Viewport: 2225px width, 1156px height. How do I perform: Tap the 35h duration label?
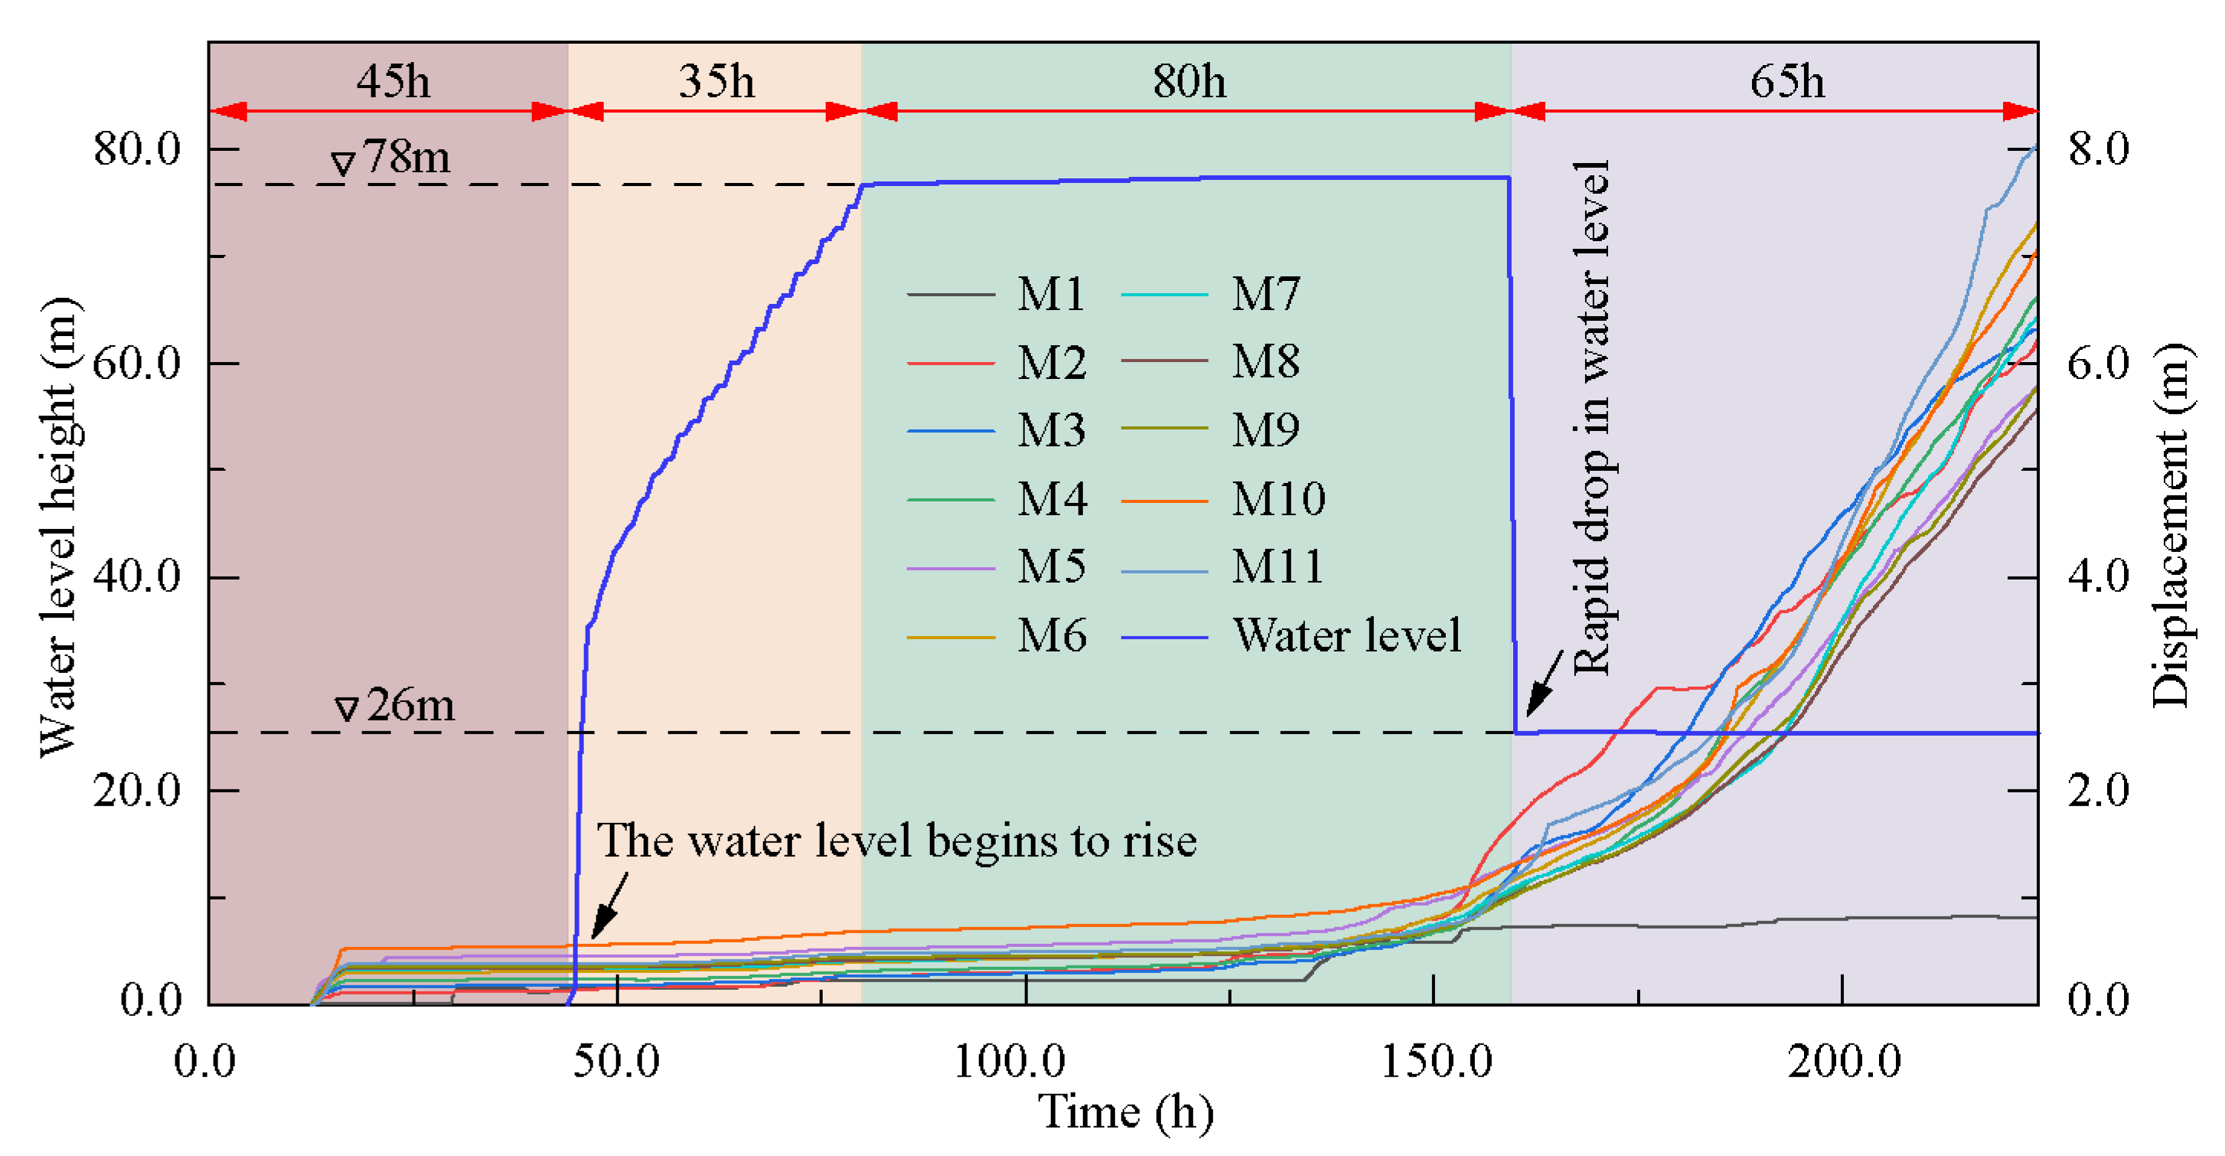[716, 82]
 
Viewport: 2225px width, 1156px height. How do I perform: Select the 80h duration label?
[1189, 82]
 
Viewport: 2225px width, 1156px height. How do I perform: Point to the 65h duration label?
[1787, 82]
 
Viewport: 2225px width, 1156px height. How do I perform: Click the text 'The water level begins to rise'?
[896, 841]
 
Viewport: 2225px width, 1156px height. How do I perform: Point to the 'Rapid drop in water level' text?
[1591, 417]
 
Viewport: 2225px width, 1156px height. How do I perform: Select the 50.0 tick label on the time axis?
[616, 1060]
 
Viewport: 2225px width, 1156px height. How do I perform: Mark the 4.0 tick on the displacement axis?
[2098, 576]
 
